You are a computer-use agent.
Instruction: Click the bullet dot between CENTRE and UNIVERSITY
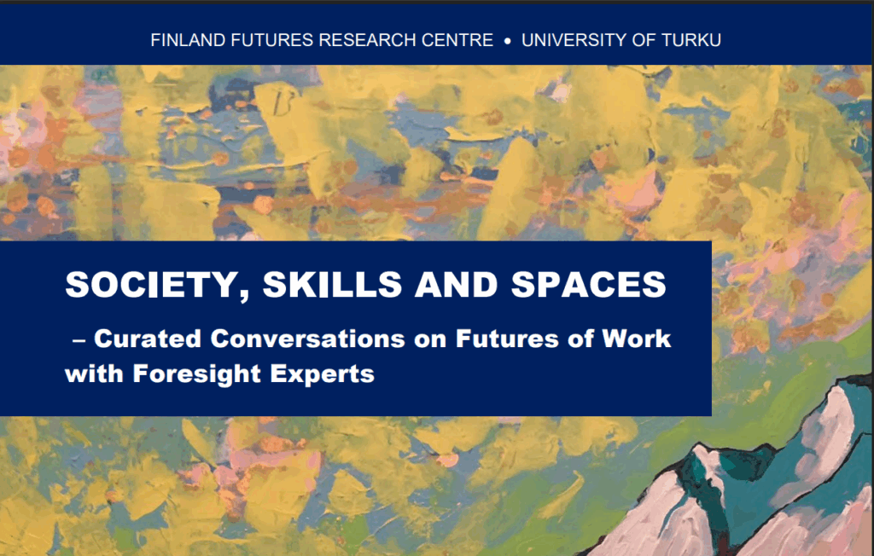pyautogui.click(x=508, y=41)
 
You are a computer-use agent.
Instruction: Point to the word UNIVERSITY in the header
pyautogui.click(x=573, y=40)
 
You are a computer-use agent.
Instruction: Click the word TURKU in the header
pyautogui.click(x=690, y=40)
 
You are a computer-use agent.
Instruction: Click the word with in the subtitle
pyautogui.click(x=91, y=374)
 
